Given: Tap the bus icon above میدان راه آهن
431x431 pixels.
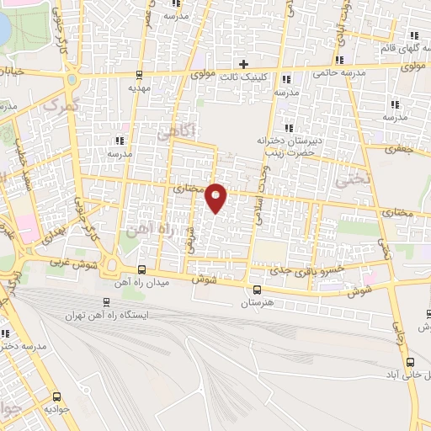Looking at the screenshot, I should coord(141,270).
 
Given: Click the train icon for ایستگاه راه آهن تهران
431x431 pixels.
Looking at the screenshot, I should coord(106,301).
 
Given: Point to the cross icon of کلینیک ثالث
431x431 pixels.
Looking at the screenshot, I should coord(243,63).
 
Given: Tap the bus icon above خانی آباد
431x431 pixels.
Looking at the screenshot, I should coord(410,361).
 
